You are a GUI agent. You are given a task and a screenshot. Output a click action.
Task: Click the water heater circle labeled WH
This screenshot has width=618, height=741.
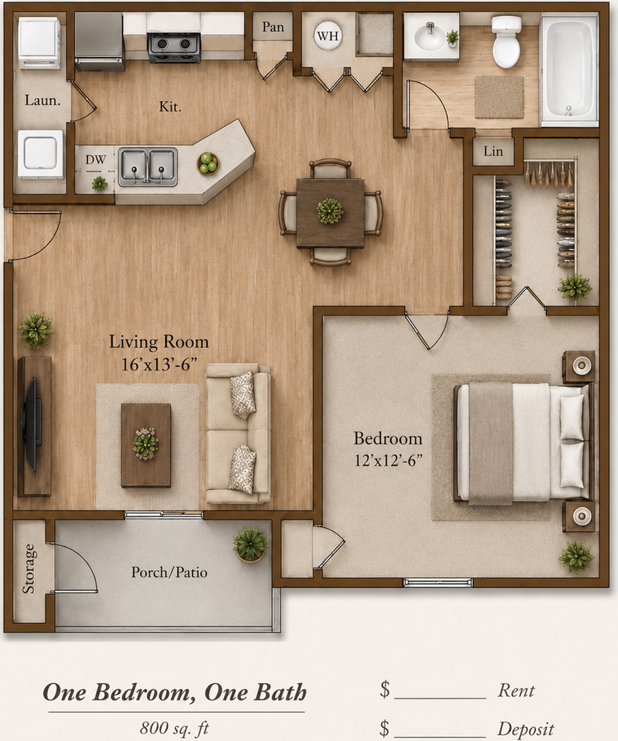click(x=328, y=36)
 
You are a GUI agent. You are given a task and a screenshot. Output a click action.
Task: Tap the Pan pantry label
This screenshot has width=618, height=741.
click(x=273, y=27)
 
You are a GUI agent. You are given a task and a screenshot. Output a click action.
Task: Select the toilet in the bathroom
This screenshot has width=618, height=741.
click(x=507, y=42)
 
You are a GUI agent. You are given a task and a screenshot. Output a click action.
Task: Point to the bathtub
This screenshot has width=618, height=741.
click(x=569, y=70)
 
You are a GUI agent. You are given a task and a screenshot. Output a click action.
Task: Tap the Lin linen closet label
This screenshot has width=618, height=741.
click(x=493, y=151)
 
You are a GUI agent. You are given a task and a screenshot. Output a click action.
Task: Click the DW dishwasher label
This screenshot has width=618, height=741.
click(x=95, y=160)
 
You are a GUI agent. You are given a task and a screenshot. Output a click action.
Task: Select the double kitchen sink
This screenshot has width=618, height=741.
click(x=148, y=167)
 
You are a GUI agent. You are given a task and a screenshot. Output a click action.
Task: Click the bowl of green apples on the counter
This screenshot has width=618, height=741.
click(x=208, y=164)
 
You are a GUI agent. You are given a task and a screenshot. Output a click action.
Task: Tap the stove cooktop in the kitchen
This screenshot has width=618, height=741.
click(x=174, y=47)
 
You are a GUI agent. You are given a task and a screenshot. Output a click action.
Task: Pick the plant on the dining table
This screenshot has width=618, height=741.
click(x=330, y=211)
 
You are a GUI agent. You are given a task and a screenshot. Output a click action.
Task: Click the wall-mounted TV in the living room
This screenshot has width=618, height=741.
click(x=31, y=424)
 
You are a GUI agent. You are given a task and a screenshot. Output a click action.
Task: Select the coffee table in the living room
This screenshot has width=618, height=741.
click(x=146, y=445)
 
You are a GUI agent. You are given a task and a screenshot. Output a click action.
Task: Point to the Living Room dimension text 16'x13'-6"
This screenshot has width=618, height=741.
click(x=159, y=364)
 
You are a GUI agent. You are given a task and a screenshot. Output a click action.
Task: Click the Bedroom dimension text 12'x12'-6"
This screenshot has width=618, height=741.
click(x=388, y=460)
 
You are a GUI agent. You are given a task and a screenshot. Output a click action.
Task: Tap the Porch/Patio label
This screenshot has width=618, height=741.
click(x=169, y=572)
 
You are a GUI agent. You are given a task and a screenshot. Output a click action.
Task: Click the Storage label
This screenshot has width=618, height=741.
click(x=29, y=569)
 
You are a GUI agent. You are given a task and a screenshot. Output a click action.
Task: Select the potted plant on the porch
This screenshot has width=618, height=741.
click(x=250, y=545)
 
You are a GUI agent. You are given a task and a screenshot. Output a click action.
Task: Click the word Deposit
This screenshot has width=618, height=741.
click(x=525, y=729)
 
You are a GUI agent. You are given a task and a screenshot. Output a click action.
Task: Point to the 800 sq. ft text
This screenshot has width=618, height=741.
click(x=174, y=728)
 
